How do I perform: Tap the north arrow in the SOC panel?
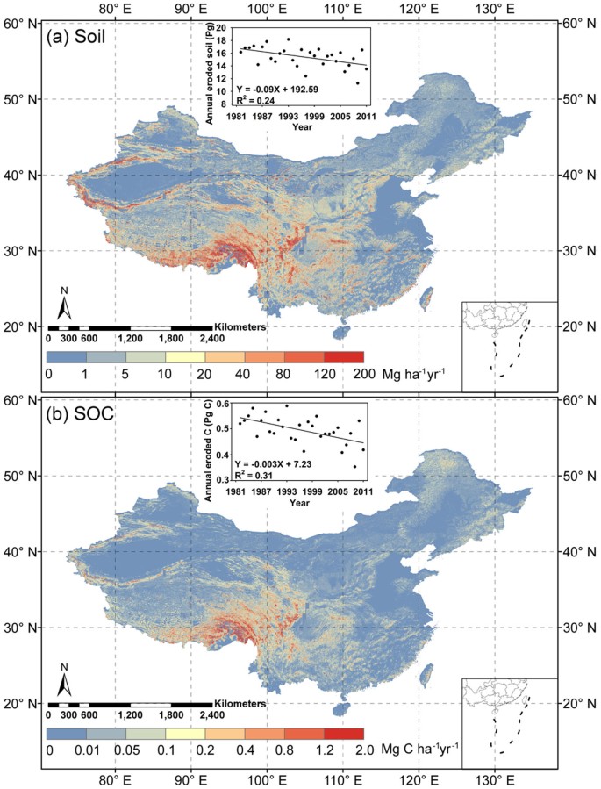63,681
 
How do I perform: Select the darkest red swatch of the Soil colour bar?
343,357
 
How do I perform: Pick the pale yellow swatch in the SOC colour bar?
185,731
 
